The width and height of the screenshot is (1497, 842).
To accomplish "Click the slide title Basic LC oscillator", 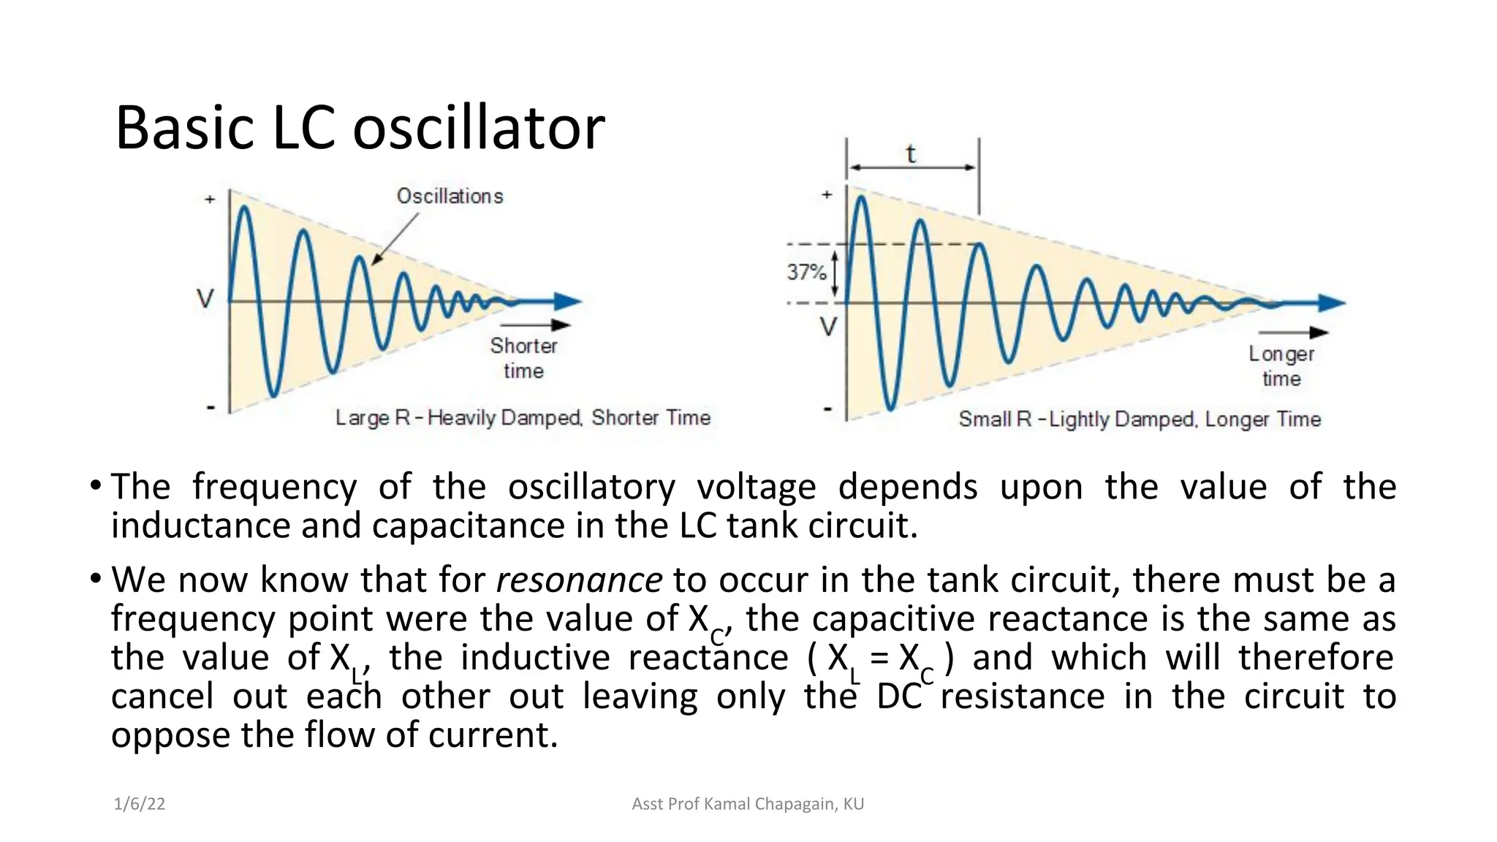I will pyautogui.click(x=360, y=129).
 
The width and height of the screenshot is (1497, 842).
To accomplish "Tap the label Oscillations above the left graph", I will pyautogui.click(x=450, y=196).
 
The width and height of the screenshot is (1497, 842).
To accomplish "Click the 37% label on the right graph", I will pyautogui.click(x=806, y=273).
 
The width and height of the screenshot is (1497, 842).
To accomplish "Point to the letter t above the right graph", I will pyautogui.click(x=911, y=155).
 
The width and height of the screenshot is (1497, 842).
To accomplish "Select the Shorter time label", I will pyautogui.click(x=523, y=357).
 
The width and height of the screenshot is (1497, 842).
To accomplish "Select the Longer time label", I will pyautogui.click(x=1281, y=366).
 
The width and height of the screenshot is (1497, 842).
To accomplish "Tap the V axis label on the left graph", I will pyautogui.click(x=206, y=299).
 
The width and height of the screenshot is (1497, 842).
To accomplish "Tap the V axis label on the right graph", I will pyautogui.click(x=827, y=327).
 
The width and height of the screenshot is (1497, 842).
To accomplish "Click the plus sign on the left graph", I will pyautogui.click(x=210, y=199).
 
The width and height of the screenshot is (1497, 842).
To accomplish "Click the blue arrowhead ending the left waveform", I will pyautogui.click(x=567, y=301).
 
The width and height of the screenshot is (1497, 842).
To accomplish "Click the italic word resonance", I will pyautogui.click(x=579, y=580).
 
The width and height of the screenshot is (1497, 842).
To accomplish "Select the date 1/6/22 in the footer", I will pyautogui.click(x=139, y=804).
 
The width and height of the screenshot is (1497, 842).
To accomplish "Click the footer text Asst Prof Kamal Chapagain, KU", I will pyautogui.click(x=748, y=804).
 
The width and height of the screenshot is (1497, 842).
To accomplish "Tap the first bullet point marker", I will pyautogui.click(x=95, y=486).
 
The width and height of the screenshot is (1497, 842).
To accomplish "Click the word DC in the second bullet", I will pyautogui.click(x=898, y=697).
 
